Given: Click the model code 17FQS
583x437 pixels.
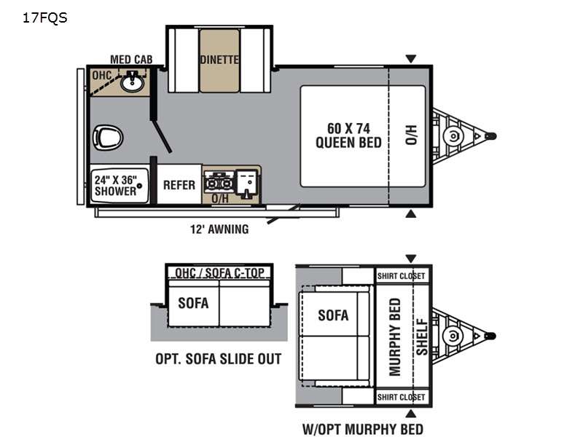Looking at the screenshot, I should click(45, 18).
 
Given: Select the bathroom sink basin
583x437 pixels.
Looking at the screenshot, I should click(133, 82).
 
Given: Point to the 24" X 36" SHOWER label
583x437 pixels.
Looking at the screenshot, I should click(116, 184).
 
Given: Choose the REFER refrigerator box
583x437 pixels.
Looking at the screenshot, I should click(179, 185).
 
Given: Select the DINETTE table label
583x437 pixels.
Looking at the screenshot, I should click(219, 60).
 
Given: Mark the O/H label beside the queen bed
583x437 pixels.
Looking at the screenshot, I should click(410, 134).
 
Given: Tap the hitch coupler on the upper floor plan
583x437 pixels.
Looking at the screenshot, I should click(491, 135).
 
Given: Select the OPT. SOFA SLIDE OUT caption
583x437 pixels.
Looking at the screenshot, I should click(219, 359).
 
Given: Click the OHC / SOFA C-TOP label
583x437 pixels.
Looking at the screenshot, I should click(219, 273).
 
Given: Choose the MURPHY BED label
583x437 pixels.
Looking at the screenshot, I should click(396, 336).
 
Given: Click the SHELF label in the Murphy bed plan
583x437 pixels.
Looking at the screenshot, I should click(421, 336).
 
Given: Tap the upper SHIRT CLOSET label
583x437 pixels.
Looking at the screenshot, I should click(401, 276).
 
